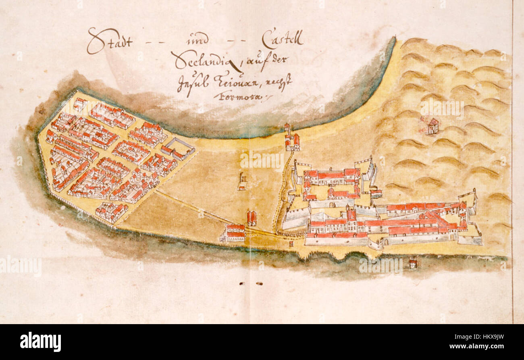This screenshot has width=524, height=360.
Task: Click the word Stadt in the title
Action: pos(110,41)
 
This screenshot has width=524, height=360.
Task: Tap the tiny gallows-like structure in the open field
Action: pos(242,182)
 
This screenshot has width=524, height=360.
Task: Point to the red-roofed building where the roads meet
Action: pos(235,233)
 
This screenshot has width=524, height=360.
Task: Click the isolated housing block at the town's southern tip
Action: pos(111,212)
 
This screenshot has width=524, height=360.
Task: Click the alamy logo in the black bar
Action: pos(40,342)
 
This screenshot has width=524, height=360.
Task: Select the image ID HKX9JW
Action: pos(491,337)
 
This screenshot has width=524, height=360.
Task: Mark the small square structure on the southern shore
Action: pos(291,244)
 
